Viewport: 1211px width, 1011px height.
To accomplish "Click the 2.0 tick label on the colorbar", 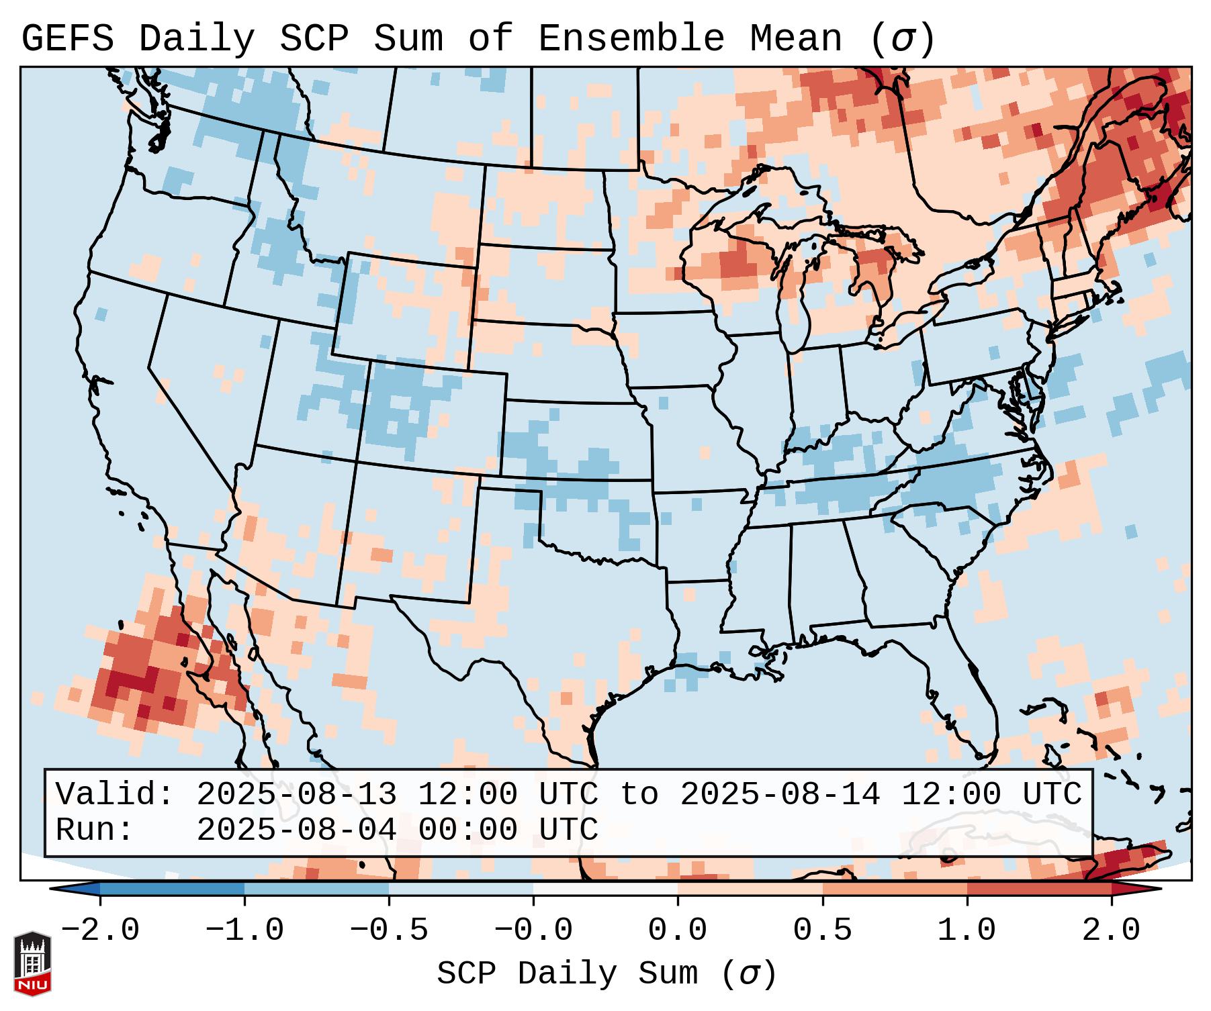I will pos(1111,930).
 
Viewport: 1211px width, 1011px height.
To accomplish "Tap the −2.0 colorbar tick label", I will pos(100,930).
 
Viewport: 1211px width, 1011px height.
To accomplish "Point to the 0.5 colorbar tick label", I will pos(822,930).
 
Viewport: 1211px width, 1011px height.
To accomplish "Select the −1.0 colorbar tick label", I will pos(244,930).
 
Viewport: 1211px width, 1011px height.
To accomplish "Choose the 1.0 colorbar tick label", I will pos(967,930).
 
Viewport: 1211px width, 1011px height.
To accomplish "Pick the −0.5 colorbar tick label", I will pos(389,930).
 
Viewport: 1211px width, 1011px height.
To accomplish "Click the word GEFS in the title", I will pos(67,39).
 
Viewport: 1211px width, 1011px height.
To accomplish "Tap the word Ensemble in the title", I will pos(631,39).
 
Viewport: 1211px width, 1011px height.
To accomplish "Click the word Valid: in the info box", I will pos(115,794).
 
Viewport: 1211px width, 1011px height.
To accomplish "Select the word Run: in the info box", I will pos(95,830).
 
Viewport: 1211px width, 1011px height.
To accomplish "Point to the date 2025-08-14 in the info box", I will pos(780,794).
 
